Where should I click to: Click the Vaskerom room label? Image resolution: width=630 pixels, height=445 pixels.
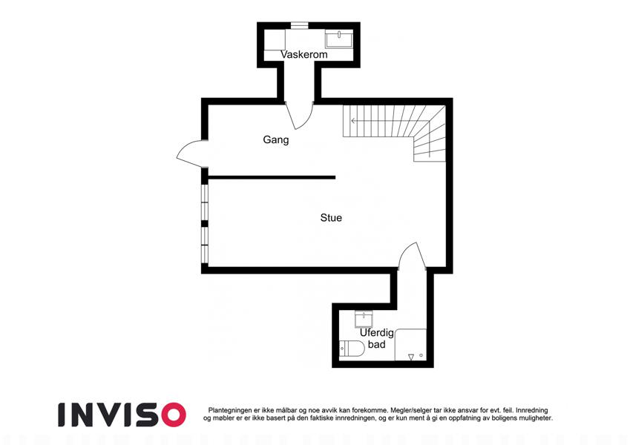coord(303,55)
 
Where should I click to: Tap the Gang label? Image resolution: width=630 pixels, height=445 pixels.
coord(275,139)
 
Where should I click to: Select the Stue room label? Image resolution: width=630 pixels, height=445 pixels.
coord(331,218)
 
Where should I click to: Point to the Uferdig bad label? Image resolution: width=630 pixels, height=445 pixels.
coord(376,338)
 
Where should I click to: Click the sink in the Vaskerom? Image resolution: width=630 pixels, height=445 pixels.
coord(339,39)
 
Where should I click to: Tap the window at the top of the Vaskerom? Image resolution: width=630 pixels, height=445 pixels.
coord(299,25)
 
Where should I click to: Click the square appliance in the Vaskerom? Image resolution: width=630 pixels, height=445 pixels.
coord(275,39)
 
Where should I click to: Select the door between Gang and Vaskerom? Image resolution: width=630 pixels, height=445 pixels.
coord(299,115)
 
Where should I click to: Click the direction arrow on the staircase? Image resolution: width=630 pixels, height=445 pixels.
coord(381,120)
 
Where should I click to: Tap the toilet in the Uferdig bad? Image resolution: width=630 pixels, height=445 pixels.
coord(352,349)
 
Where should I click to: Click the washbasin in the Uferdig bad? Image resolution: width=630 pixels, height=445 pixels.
coord(364,320)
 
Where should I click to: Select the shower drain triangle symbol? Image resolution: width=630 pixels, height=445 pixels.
coord(411,357)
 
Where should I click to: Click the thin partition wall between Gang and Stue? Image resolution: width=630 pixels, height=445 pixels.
coord(272,177)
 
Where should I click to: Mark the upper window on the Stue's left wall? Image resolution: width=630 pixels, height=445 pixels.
coord(205,202)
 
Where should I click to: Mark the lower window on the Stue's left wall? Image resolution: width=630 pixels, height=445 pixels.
coord(205,245)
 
